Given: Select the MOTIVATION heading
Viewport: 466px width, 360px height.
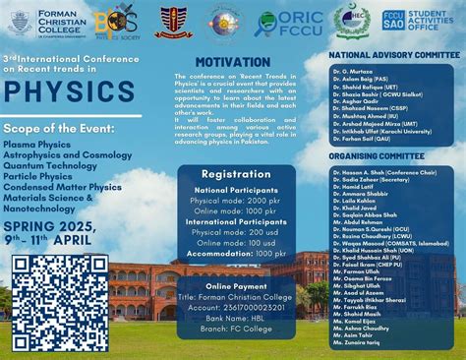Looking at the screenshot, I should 239,62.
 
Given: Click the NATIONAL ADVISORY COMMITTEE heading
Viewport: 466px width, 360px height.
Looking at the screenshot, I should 393,56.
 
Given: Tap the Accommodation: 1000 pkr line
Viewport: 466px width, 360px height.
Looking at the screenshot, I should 239,253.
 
